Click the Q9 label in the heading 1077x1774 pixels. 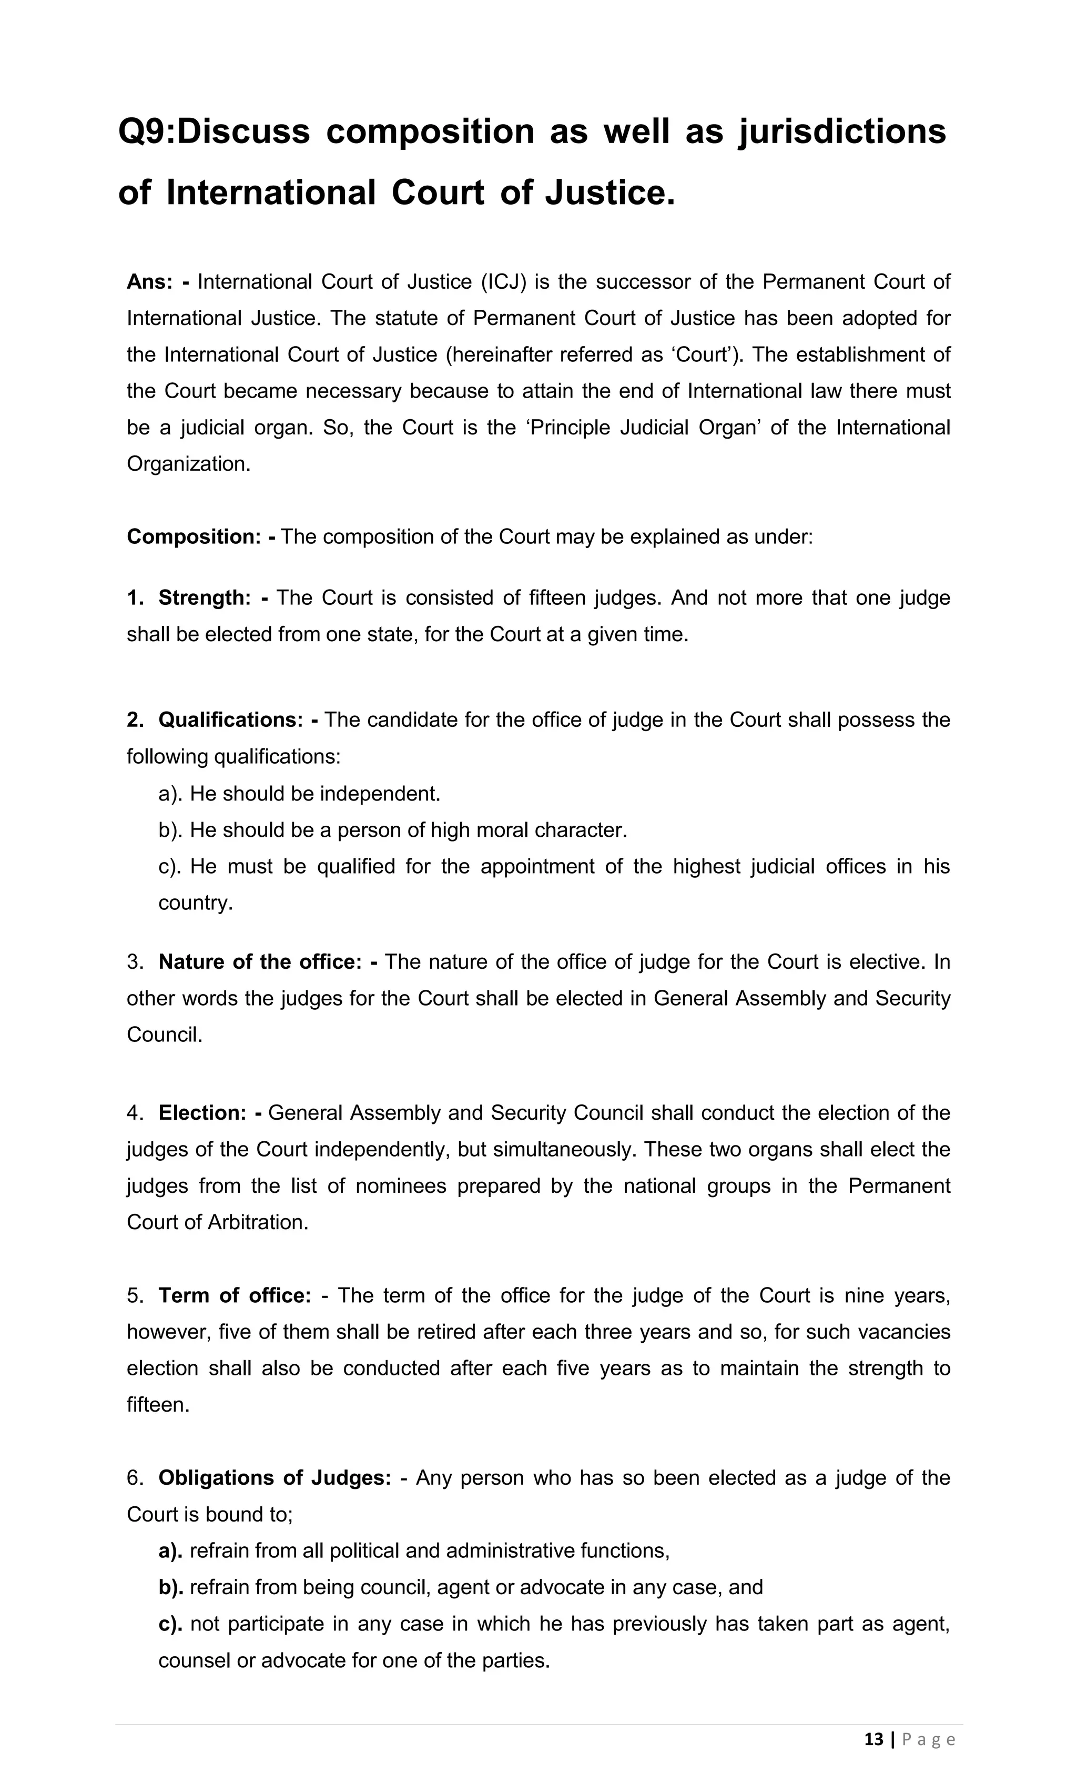coord(143,133)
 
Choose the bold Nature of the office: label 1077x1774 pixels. coord(259,962)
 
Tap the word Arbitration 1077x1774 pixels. coord(257,1222)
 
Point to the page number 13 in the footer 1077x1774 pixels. coord(873,1740)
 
